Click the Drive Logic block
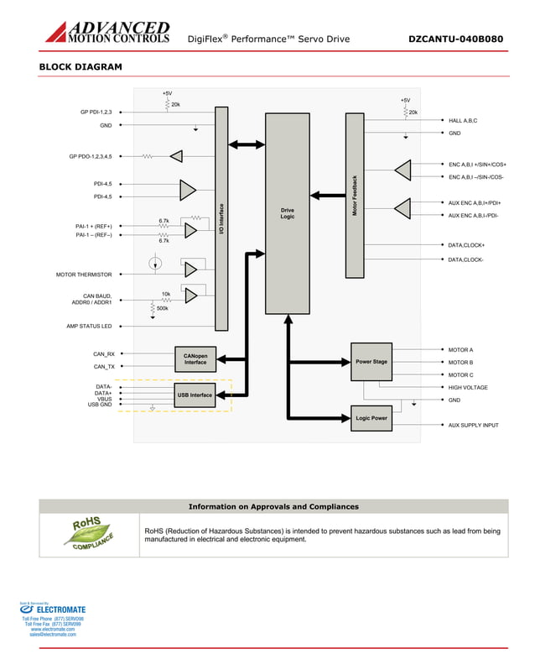point(288,213)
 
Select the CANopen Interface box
point(195,358)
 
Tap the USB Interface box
point(195,395)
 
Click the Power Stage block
point(371,362)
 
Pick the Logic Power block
point(371,418)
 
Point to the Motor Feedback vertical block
point(355,196)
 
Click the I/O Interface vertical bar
point(221,218)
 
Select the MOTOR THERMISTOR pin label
point(84,275)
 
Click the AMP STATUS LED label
point(89,326)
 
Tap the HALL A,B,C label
point(463,121)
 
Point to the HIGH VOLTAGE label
point(468,388)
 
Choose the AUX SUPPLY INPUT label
point(473,426)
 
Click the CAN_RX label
point(104,354)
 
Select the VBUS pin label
point(104,399)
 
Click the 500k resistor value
point(163,309)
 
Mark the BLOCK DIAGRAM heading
point(81,67)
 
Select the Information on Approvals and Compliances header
point(273,506)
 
